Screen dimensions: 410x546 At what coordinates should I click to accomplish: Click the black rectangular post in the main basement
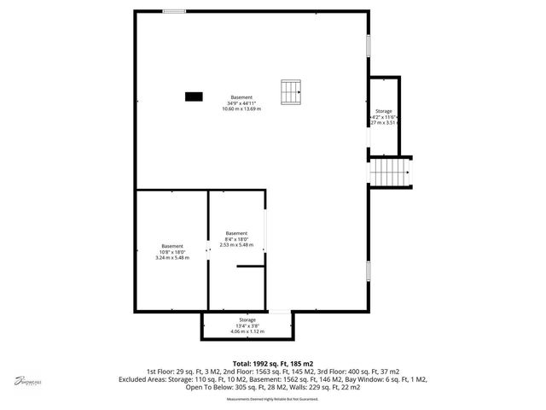click(195, 97)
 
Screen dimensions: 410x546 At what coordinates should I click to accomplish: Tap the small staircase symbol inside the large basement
click(292, 91)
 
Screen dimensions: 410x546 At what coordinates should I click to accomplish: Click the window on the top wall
click(175, 11)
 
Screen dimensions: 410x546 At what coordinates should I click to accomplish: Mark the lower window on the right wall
click(369, 271)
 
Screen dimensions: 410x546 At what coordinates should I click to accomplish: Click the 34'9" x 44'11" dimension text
click(241, 102)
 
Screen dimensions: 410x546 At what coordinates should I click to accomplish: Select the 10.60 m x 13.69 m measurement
click(241, 109)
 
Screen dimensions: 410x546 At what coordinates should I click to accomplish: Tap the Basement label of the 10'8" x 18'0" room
click(171, 246)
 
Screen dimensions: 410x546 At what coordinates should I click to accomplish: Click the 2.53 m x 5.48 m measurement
click(236, 245)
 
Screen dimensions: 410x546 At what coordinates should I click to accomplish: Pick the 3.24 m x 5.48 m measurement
click(171, 258)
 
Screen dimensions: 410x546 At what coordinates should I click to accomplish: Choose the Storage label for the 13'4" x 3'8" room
click(247, 319)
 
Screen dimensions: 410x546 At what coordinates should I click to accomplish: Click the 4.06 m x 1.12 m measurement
click(247, 331)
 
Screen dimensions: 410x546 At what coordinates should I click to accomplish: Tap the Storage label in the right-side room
click(384, 110)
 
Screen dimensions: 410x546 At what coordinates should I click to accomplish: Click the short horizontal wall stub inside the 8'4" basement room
click(250, 267)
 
